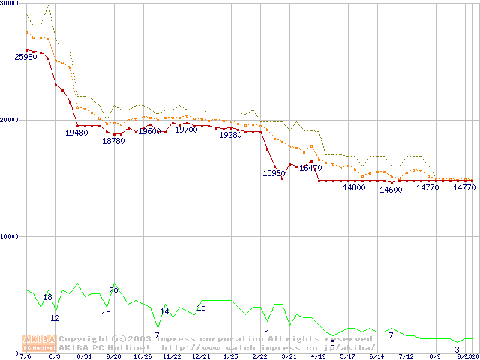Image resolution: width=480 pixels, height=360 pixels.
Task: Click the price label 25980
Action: [x=25, y=58]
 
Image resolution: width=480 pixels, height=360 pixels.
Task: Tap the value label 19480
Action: [x=76, y=133]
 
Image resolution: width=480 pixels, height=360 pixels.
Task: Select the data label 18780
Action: [x=113, y=141]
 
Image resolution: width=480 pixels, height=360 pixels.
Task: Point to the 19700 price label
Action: [x=186, y=130]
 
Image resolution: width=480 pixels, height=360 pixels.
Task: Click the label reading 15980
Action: [x=274, y=173]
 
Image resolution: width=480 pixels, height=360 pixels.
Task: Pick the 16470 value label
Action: [x=310, y=169]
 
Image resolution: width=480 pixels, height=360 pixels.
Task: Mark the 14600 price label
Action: [x=391, y=190]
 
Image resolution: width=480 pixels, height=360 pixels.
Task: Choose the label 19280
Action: [x=230, y=135]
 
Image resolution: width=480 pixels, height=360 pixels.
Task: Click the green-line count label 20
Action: [x=113, y=290]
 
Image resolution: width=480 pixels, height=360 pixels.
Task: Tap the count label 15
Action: [x=201, y=307]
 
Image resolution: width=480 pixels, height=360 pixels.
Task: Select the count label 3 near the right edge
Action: [x=457, y=349]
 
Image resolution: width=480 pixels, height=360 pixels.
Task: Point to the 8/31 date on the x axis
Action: [x=84, y=357]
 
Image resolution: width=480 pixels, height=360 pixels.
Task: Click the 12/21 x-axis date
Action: [x=201, y=357]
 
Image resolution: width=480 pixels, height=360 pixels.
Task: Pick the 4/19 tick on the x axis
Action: [x=318, y=357]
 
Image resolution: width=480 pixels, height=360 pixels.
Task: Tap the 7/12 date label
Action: [x=406, y=357]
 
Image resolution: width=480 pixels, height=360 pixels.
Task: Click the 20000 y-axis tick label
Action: [x=9, y=120]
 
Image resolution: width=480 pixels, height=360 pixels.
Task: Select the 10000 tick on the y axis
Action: [x=9, y=236]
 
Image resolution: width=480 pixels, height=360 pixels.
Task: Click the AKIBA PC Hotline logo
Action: [x=39, y=343]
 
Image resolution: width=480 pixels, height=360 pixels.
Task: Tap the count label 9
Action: [x=266, y=328]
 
